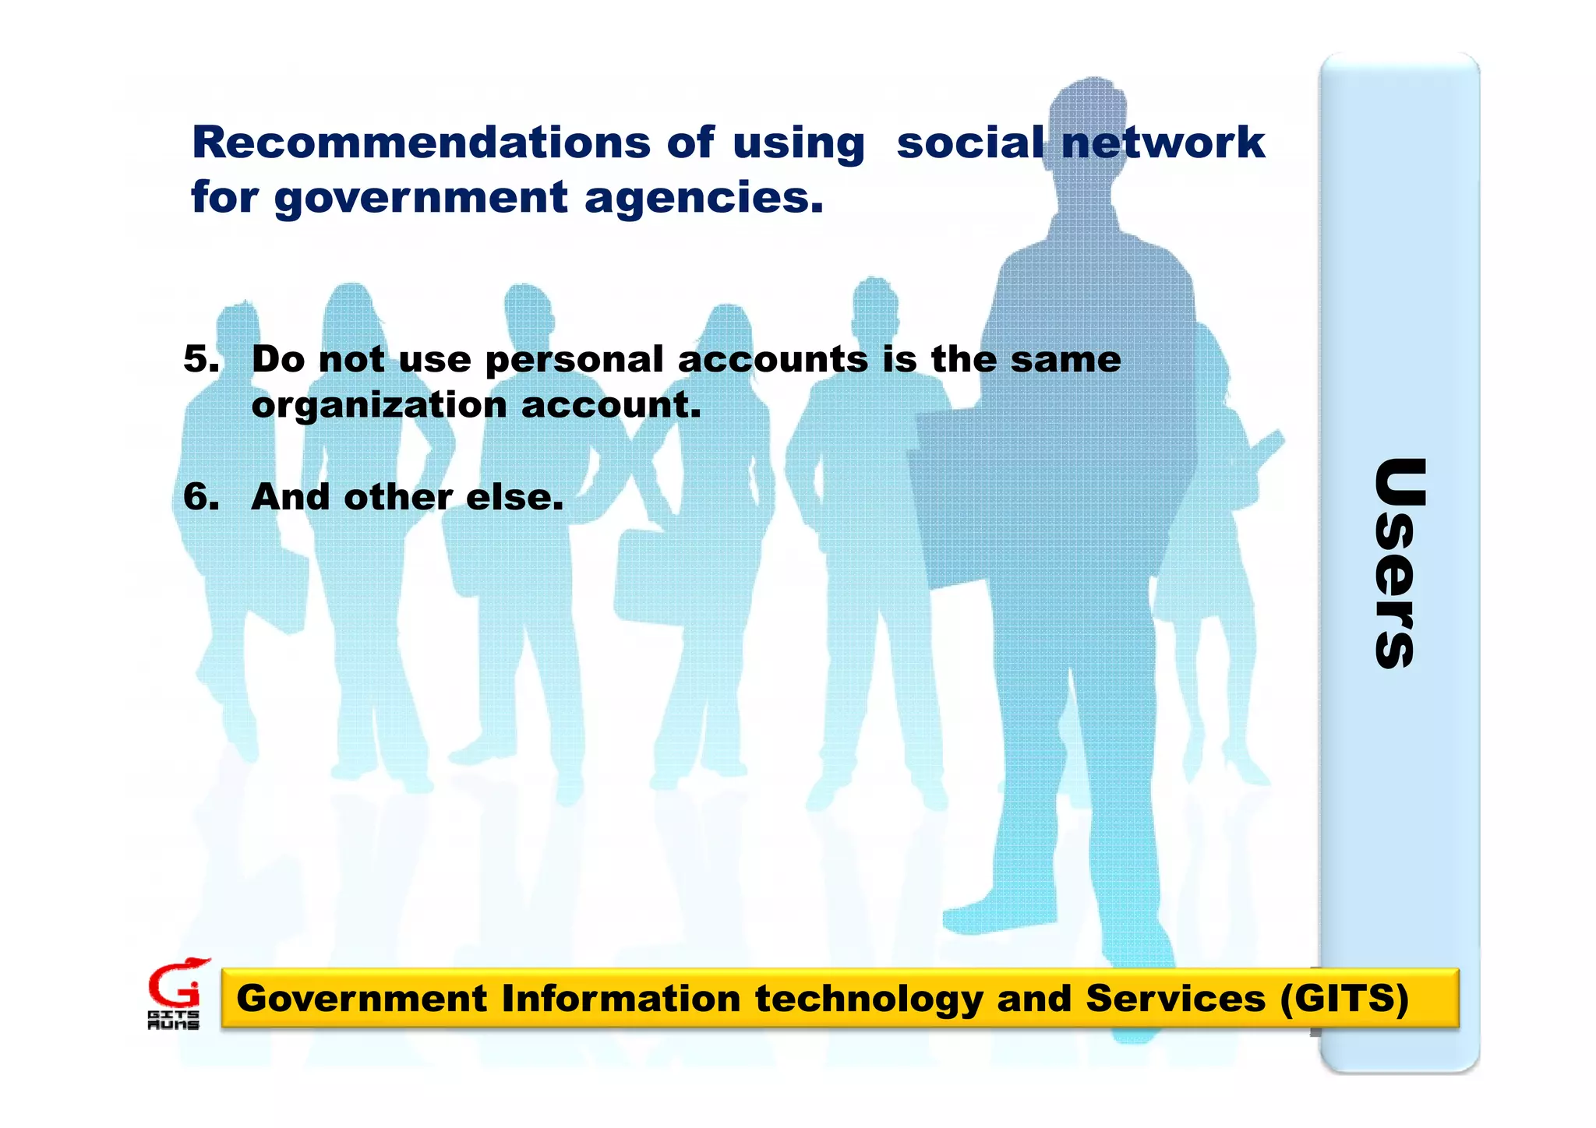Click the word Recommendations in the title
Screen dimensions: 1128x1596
pyautogui.click(x=421, y=143)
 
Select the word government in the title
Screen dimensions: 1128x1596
pyautogui.click(x=421, y=198)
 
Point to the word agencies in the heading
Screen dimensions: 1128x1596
pyautogui.click(x=703, y=198)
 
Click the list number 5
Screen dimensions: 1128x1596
pyautogui.click(x=200, y=359)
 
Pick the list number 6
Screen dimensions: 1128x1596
pyautogui.click(x=200, y=497)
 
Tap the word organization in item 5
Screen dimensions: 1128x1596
pyautogui.click(x=379, y=405)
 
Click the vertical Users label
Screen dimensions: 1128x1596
pyautogui.click(x=1399, y=562)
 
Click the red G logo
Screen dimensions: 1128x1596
pyautogui.click(x=175, y=985)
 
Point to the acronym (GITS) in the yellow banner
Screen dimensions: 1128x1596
pyautogui.click(x=1344, y=998)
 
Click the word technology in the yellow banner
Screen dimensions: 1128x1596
pyautogui.click(x=869, y=999)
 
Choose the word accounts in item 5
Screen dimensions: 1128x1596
pyautogui.click(x=772, y=359)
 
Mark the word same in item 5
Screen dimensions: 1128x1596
pyautogui.click(x=1065, y=359)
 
